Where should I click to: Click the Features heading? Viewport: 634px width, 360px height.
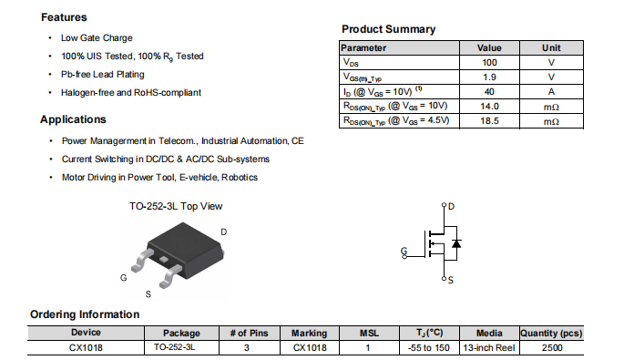[x=64, y=17]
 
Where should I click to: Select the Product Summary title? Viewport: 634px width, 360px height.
[x=389, y=29]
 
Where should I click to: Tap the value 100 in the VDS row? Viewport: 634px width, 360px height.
[x=489, y=63]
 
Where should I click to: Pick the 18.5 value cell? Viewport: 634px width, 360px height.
[x=489, y=121]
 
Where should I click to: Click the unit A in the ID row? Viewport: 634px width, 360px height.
[x=551, y=92]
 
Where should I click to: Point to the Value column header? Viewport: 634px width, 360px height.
[x=489, y=47]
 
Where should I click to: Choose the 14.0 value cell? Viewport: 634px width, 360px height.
[x=489, y=107]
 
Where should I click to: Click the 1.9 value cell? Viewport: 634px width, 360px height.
[x=489, y=77]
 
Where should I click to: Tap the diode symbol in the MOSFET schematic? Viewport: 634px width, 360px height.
[x=456, y=243]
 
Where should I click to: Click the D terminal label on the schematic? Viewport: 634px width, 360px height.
[x=451, y=206]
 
